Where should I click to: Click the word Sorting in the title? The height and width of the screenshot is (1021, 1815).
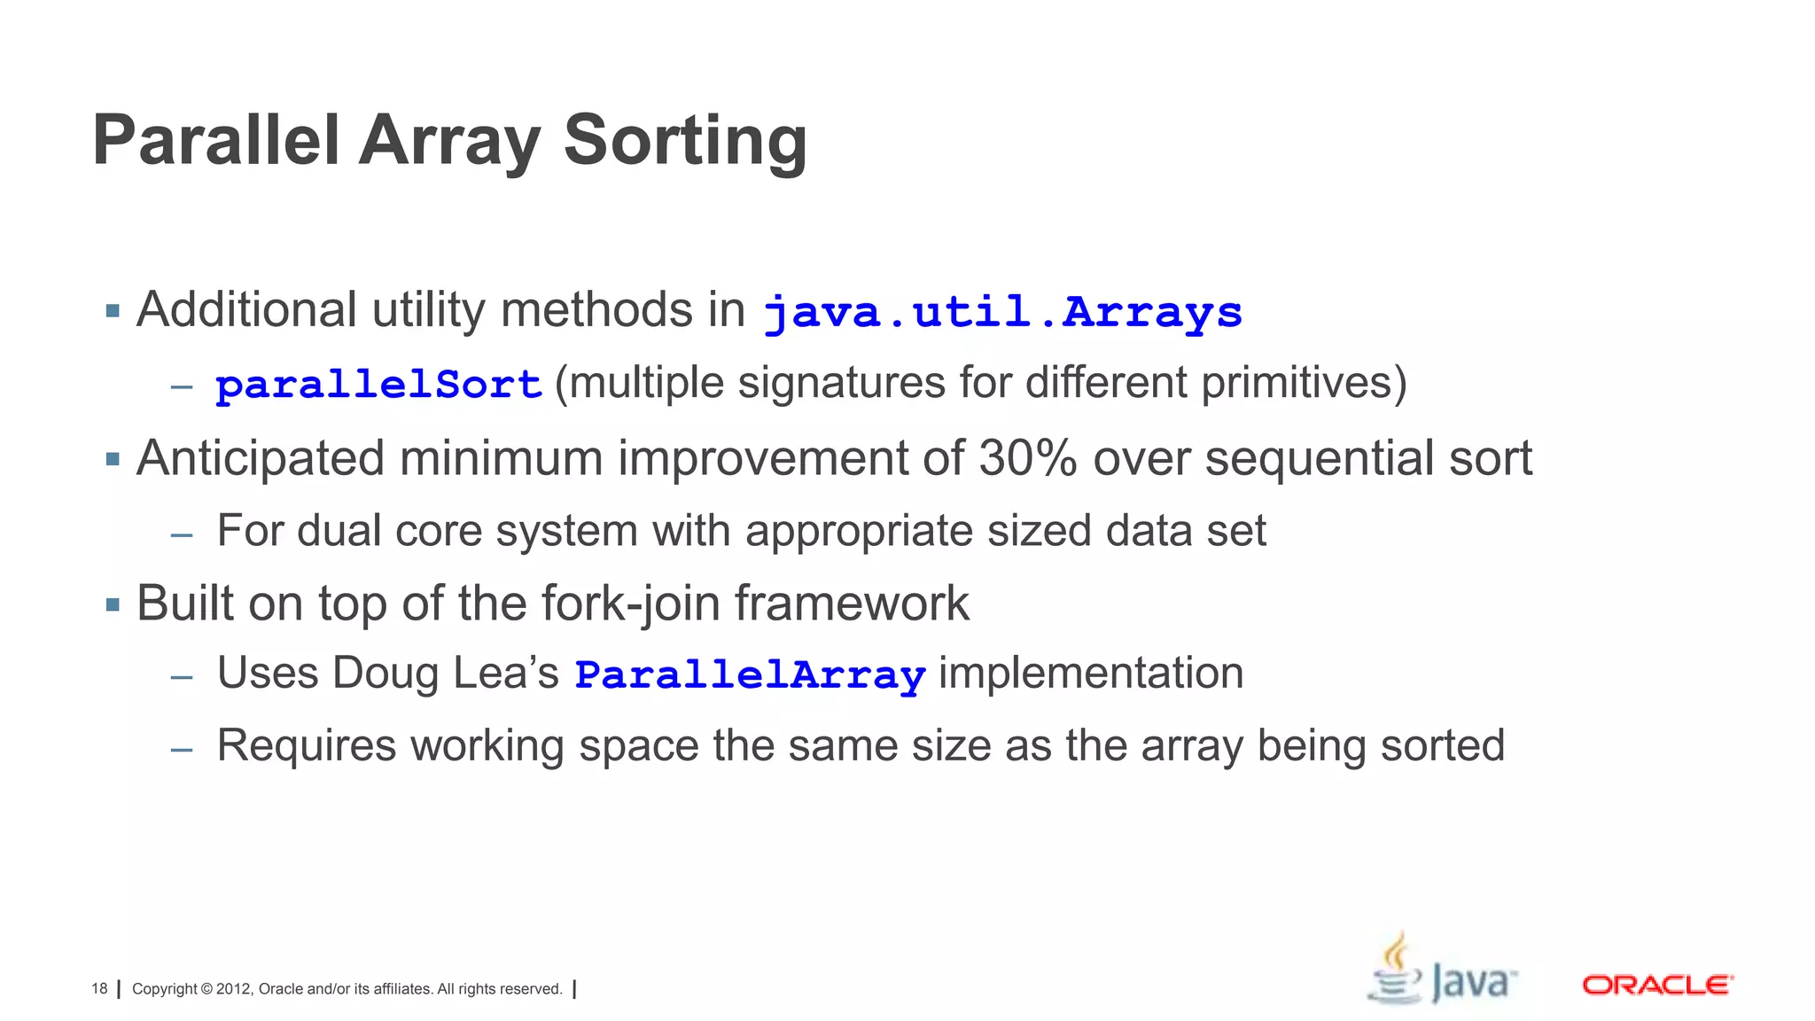pyautogui.click(x=685, y=142)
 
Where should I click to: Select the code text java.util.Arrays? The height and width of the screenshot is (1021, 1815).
pyautogui.click(x=1002, y=312)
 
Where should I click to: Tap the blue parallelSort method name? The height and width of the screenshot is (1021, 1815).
pyautogui.click(x=378, y=385)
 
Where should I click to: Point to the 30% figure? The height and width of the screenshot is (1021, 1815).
pyautogui.click(x=1028, y=458)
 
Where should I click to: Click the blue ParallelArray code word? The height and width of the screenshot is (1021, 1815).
pyautogui.click(x=750, y=674)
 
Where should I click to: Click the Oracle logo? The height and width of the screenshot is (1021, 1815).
pyautogui.click(x=1657, y=985)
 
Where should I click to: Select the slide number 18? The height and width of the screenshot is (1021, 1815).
pyautogui.click(x=99, y=989)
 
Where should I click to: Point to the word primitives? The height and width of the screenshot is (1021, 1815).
pyautogui.click(x=1304, y=384)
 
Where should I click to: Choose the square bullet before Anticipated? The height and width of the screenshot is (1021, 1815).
pyautogui.click(x=113, y=459)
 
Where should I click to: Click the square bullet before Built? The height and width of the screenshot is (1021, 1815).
pyautogui.click(x=113, y=605)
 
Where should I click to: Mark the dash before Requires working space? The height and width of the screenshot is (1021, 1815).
pyautogui.click(x=182, y=750)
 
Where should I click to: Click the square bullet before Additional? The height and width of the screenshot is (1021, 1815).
pyautogui.click(x=113, y=311)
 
